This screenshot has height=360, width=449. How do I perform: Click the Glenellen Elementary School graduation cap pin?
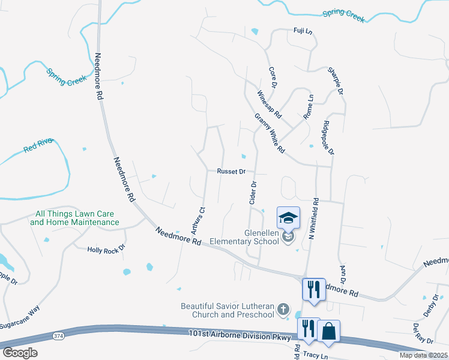tap(288, 218)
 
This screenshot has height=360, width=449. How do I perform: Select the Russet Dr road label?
tap(232, 171)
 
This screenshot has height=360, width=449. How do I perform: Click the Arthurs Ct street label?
tap(198, 220)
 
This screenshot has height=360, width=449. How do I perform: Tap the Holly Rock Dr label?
tap(106, 248)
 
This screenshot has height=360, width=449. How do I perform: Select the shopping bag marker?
tap(329, 331)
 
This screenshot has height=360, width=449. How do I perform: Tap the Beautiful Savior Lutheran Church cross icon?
tap(283, 311)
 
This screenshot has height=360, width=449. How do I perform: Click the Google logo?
tap(20, 353)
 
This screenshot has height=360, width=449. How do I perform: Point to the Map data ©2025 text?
tap(423, 355)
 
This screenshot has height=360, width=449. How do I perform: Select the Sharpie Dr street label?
tap(335, 81)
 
